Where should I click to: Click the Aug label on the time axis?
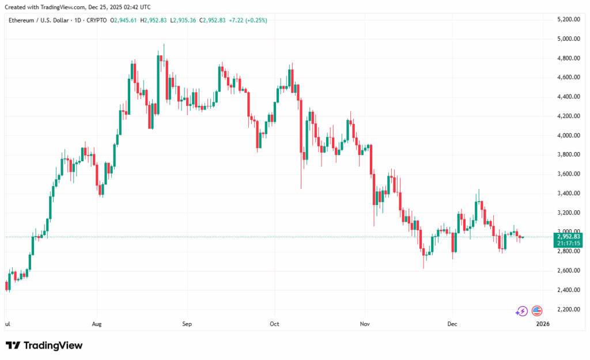point(97,324)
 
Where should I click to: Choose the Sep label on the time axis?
point(187,324)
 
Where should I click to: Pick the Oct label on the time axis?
point(274,324)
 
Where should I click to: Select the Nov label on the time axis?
point(364,324)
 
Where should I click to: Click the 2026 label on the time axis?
point(543,324)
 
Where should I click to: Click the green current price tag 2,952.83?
point(569,236)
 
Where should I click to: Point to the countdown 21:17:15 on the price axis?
point(569,244)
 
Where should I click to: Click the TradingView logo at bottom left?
point(44,346)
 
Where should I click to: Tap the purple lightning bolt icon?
point(521,311)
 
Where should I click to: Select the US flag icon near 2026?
point(537,311)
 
